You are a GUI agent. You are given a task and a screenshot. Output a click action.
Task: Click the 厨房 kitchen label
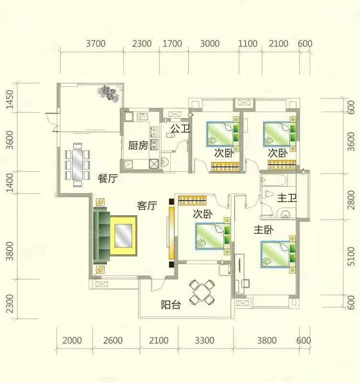pos(138,146)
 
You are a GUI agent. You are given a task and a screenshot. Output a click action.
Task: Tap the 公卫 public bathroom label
pos(180,128)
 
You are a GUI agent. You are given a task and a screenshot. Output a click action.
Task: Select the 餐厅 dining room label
pos(107,179)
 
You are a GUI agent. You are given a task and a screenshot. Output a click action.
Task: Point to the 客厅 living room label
pos(147,206)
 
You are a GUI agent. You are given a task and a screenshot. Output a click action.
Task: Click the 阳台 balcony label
pos(171,305)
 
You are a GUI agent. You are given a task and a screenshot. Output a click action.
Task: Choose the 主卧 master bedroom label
pos(263,230)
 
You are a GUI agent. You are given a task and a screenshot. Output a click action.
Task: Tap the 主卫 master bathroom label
pos(287,198)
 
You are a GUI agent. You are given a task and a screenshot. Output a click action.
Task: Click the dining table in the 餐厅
pos(78,165)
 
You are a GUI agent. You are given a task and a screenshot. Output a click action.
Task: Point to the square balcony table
pos(202,293)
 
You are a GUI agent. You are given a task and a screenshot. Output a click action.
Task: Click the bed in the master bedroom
pos(278,255)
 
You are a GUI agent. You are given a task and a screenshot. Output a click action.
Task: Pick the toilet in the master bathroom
pos(269,194)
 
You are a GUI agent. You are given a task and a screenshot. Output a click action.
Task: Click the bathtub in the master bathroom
pos(274,180)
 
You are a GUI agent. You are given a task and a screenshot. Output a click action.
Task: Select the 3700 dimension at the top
pos(95,44)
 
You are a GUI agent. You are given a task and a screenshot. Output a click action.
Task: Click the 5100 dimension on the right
pos(351,256)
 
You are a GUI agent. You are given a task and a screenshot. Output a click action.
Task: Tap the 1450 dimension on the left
pos(10,100)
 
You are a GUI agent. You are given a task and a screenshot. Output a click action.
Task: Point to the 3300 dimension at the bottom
pos(205,340)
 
